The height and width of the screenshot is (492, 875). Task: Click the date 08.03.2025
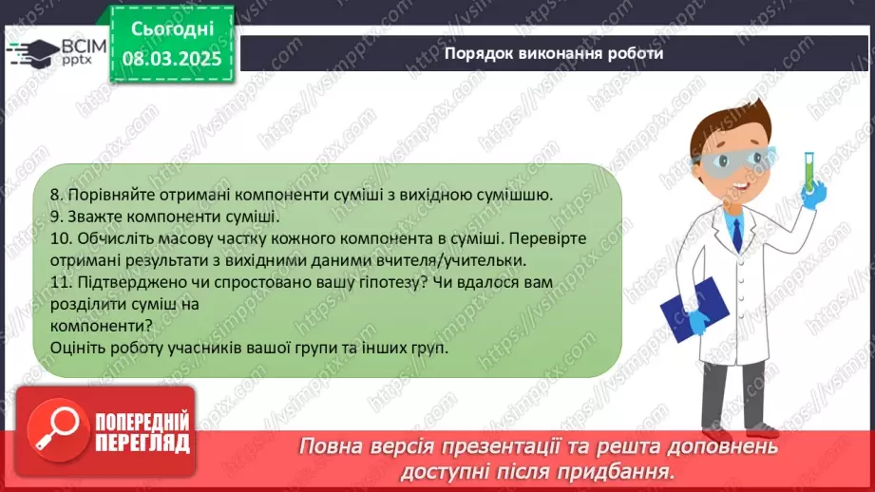172,59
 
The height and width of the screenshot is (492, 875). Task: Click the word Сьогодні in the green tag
172,29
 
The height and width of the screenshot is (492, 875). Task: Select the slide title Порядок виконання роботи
554,53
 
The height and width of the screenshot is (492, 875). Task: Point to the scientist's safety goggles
732,161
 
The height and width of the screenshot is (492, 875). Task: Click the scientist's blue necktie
737,236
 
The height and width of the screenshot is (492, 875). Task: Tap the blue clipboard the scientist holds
694,309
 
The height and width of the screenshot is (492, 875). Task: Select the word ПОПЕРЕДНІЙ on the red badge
143,421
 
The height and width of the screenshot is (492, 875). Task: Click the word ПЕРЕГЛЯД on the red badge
143,444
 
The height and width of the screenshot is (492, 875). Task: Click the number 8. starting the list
56,195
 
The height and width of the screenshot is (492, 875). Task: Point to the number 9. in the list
56,217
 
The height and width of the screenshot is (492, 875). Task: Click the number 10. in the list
61,238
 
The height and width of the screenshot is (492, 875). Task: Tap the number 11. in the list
61,282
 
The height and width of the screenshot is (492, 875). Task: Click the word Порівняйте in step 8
111,196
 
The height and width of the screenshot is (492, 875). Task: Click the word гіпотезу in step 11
388,283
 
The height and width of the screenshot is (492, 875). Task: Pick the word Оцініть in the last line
78,348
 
